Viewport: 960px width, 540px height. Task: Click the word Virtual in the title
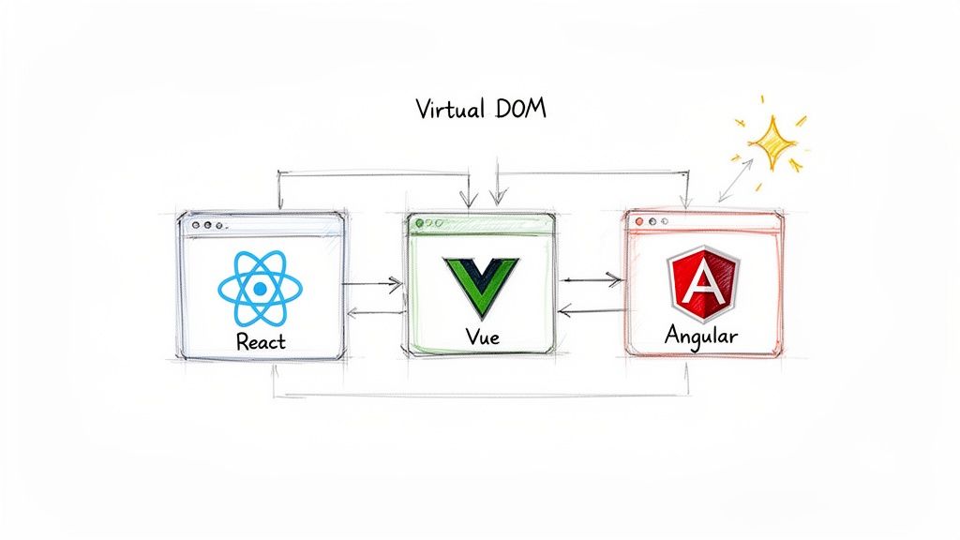click(448, 109)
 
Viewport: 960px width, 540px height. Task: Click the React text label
click(261, 341)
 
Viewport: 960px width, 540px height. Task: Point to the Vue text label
click(479, 336)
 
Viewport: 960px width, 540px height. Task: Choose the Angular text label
click(700, 335)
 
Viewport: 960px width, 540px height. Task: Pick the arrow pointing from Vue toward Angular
click(591, 278)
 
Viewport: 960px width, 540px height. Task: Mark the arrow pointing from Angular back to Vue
click(591, 311)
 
